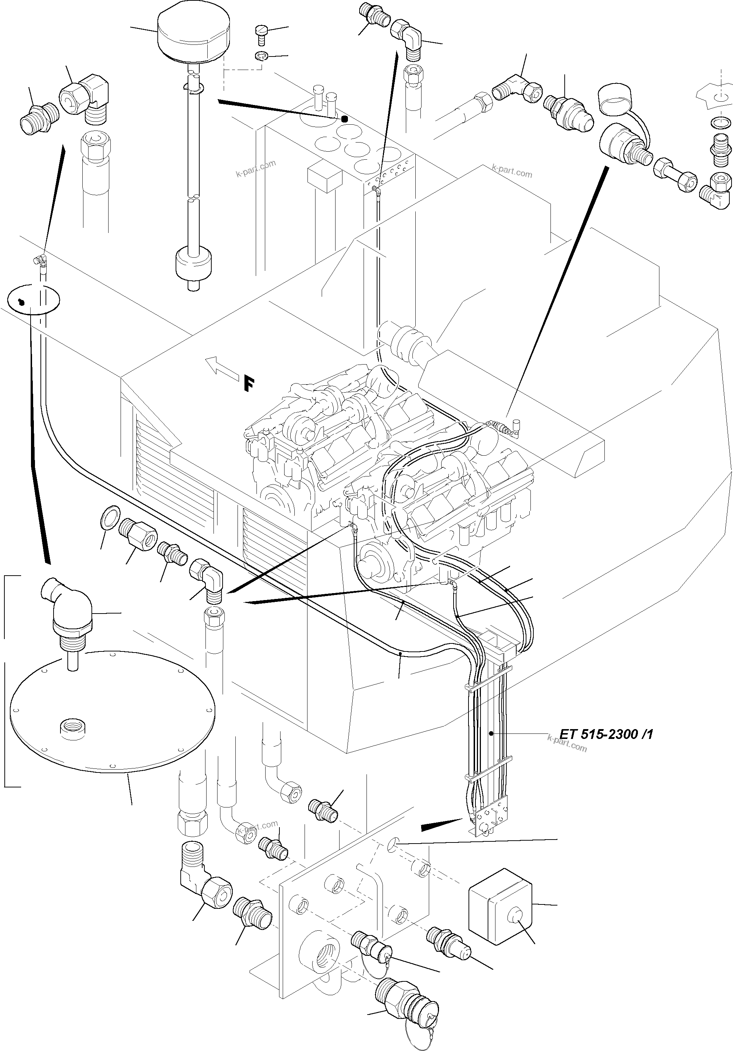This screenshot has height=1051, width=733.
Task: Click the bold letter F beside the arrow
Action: (x=248, y=384)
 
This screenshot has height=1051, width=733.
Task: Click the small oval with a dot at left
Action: (x=34, y=299)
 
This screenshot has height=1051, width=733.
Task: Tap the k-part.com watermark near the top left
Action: (x=256, y=169)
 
